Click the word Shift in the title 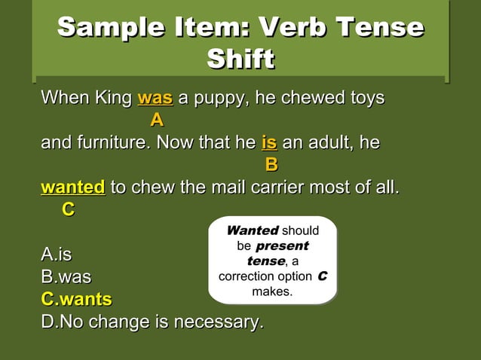tap(240, 59)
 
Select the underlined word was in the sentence tap(155, 98)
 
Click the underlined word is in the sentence tap(269, 142)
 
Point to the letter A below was tap(156, 120)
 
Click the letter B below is tap(271, 163)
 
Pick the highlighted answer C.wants tap(76, 300)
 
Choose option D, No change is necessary tap(152, 322)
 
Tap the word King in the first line tap(112, 98)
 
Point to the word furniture tap(109, 142)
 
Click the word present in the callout tap(282, 246)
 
